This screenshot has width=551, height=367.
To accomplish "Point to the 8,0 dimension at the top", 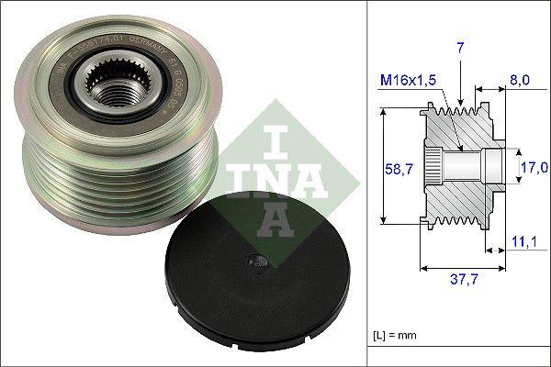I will [x=520, y=81].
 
